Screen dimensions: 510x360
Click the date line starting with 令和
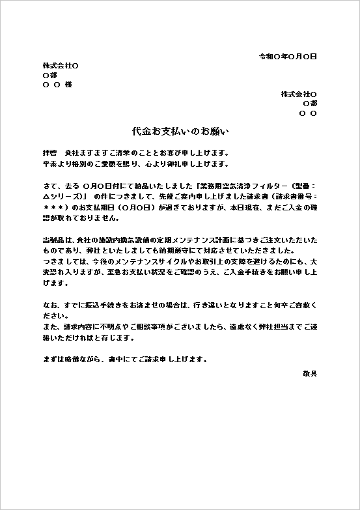point(287,57)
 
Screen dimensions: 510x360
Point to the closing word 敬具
point(309,373)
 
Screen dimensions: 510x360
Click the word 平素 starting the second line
point(50,163)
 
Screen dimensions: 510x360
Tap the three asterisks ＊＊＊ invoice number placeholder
point(54,208)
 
